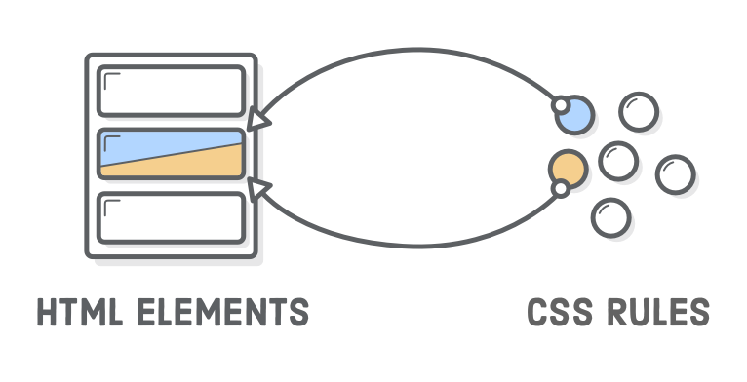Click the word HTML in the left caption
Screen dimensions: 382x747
click(x=73, y=313)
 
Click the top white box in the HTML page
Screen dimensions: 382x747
click(x=171, y=92)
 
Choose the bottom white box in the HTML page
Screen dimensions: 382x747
click(x=171, y=219)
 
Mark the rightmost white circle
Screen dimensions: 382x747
click(x=675, y=175)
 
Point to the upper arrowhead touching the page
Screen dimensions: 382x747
click(x=256, y=120)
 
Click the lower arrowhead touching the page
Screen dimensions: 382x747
click(x=258, y=186)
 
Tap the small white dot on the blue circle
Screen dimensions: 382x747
click(x=560, y=103)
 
